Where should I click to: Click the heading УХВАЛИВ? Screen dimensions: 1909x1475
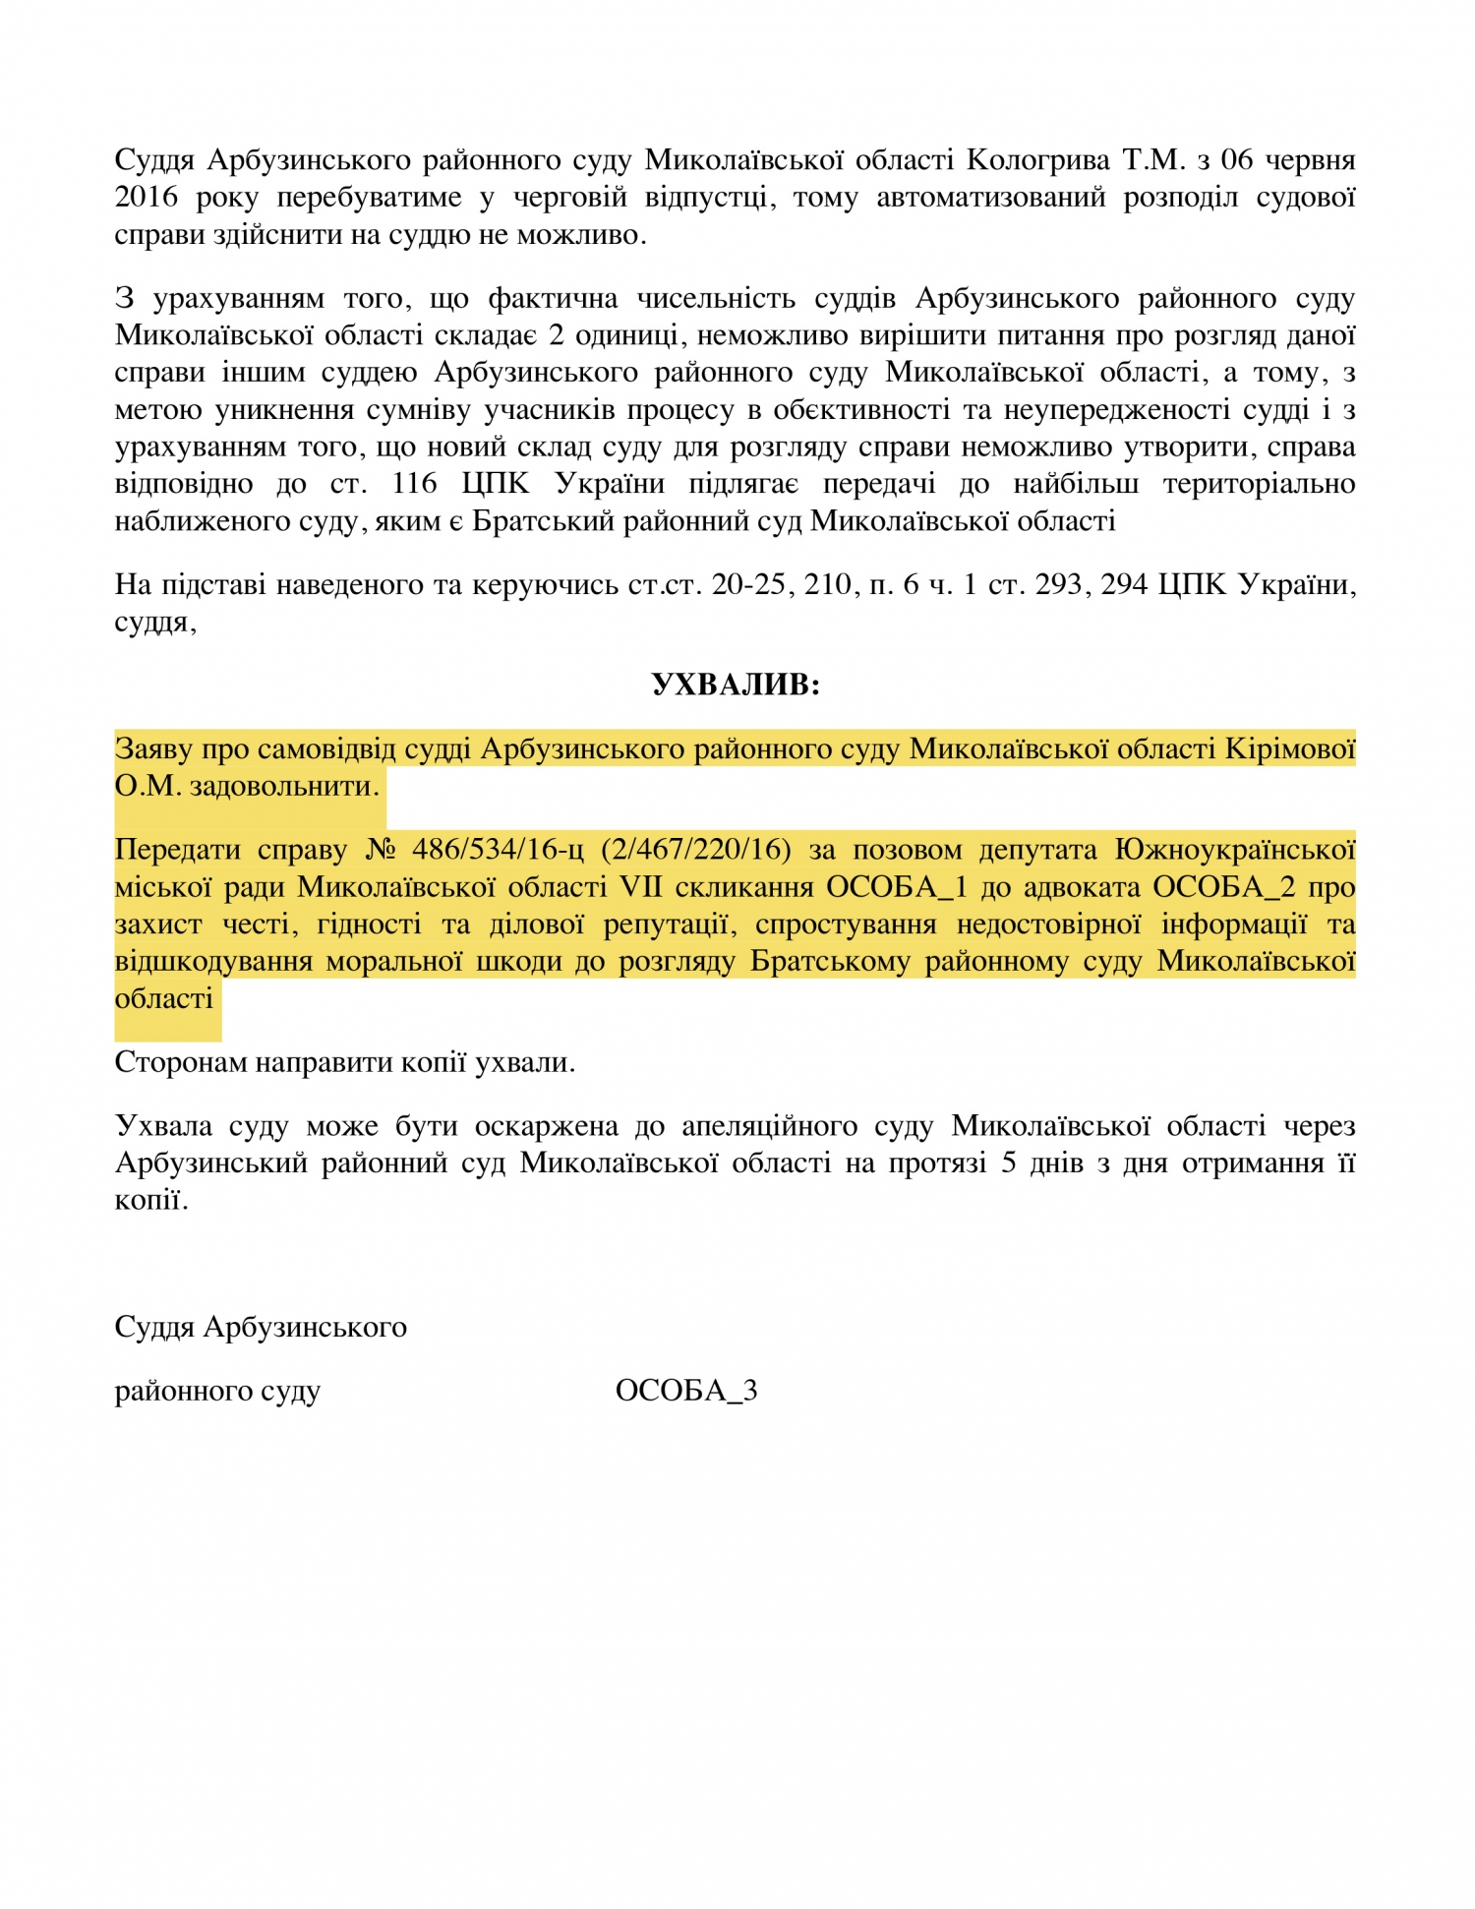736,685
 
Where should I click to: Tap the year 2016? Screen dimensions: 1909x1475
147,197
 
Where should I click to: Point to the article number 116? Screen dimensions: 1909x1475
414,483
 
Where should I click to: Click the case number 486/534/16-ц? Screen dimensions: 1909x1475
498,849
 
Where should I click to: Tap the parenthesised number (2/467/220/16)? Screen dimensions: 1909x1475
695,849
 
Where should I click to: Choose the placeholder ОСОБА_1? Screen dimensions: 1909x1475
896,886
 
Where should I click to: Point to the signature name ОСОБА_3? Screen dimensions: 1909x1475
686,1390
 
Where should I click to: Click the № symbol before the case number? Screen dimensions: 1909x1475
380,849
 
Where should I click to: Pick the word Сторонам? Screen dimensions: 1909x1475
181,1061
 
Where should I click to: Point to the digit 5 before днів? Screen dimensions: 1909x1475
1009,1163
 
